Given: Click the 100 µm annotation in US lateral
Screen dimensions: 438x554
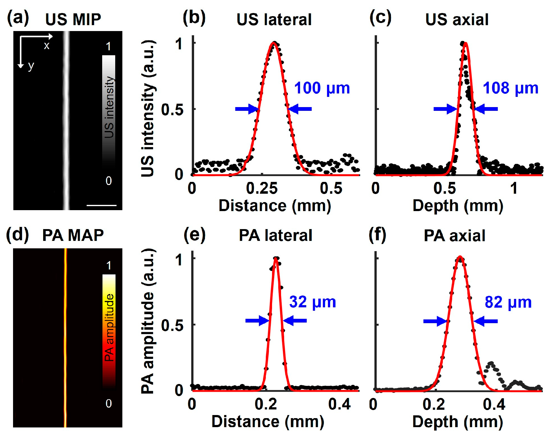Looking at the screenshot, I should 322,88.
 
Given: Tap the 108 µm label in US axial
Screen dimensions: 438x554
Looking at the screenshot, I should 510,88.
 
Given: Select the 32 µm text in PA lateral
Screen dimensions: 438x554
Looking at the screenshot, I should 312,302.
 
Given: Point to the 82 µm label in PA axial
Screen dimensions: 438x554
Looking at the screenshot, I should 508,302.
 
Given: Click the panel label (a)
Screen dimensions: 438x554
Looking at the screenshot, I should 18,18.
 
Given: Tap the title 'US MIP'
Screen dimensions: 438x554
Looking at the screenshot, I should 73,20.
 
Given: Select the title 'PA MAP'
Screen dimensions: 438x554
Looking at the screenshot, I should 73,235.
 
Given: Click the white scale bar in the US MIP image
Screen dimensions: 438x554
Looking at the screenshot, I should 101,205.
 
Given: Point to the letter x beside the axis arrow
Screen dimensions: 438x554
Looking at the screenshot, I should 47,46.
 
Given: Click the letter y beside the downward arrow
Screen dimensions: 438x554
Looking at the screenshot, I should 30,66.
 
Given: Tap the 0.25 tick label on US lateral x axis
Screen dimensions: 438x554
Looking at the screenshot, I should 262,188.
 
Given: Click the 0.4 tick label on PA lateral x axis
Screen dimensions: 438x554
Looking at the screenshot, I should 339,404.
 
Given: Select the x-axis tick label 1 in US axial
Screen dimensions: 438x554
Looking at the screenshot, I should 514,188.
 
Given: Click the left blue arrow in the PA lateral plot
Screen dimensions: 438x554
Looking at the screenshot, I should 257,321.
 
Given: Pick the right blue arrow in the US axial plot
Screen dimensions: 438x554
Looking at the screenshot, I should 486,109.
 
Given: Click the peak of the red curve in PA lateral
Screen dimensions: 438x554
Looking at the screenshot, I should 276,258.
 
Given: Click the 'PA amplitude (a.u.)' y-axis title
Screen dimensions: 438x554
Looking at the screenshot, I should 148,321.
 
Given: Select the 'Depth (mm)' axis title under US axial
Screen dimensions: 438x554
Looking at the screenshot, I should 458,206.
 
